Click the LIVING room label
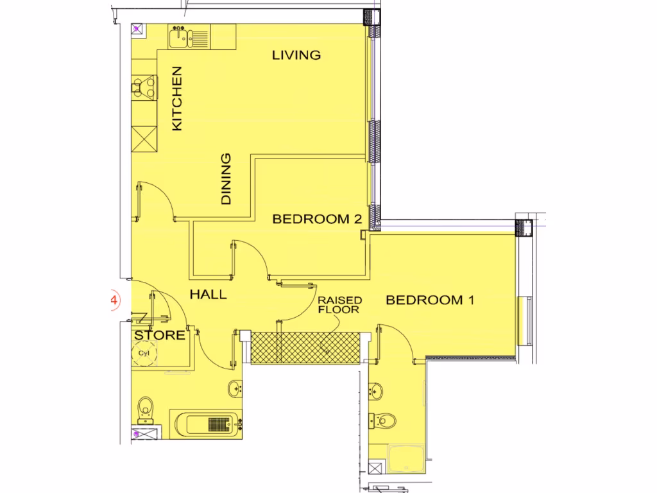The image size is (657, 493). pos(296,55)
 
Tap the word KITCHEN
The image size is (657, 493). pos(177,99)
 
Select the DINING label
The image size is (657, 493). pos(226,179)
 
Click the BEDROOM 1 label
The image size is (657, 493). pos(429,300)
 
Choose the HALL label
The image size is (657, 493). pos(208,295)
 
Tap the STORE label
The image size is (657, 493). pos(159,335)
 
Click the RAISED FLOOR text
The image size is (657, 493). pos(340,304)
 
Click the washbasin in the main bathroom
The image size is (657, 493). pos(235,388)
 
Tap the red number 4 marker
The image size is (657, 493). pos(114,300)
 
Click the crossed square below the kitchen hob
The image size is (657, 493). pos(144,137)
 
